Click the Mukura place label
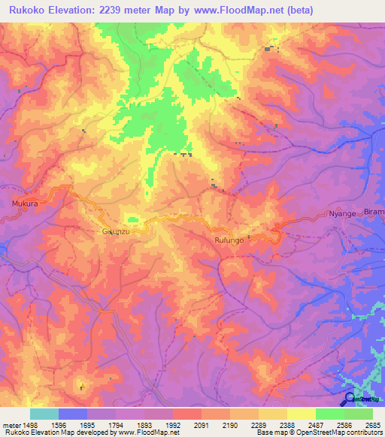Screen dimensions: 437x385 25,203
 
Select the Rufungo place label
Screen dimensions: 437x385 229,240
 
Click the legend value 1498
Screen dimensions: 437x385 30,425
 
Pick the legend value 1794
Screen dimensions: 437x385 115,425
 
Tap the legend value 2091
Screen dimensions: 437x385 201,425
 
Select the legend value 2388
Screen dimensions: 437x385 286,425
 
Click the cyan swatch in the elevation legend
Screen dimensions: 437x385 44,414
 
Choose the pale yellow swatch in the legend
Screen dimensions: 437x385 301,414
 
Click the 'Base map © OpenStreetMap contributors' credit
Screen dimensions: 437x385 319,432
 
